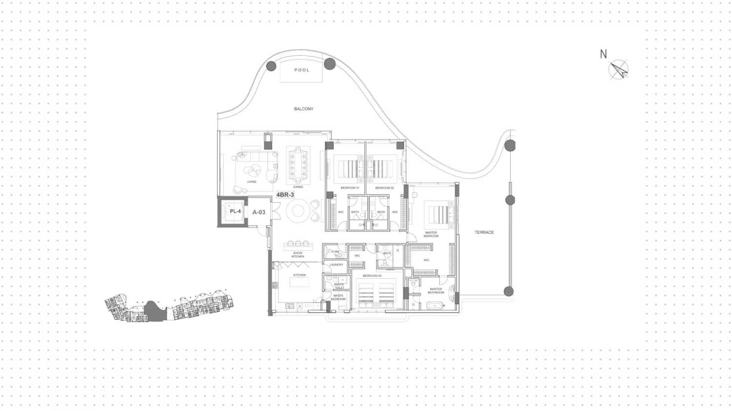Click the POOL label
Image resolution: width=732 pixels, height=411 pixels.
tap(302, 70)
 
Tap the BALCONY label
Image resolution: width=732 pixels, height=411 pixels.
tap(304, 109)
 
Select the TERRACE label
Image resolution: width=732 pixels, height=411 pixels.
tap(484, 232)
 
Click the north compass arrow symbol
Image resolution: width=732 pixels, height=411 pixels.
tap(619, 70)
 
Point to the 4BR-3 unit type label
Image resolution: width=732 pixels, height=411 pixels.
tap(285, 195)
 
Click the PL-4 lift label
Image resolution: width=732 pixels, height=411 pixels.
tap(235, 211)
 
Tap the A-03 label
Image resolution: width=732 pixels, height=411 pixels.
tap(259, 212)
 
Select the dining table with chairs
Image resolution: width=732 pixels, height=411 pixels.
tap(298, 164)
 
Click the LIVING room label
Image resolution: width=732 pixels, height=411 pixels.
tap(251, 182)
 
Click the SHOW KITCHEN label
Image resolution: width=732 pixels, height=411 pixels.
tap(298, 255)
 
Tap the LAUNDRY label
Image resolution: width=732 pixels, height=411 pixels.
tap(336, 265)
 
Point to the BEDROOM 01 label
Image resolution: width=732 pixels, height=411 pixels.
tap(350, 188)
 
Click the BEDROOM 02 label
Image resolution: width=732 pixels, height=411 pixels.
tap(385, 188)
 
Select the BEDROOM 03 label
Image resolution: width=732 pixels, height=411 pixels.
tap(372, 276)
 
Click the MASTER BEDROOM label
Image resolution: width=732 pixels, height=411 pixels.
tap(431, 234)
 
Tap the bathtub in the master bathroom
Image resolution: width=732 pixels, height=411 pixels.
tap(434, 306)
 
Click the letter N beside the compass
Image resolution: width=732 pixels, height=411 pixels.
tap(603, 54)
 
